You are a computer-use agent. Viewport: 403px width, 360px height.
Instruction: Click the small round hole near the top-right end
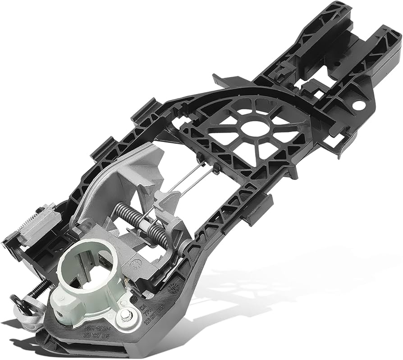359,105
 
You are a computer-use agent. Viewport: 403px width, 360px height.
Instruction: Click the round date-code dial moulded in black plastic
174,289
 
